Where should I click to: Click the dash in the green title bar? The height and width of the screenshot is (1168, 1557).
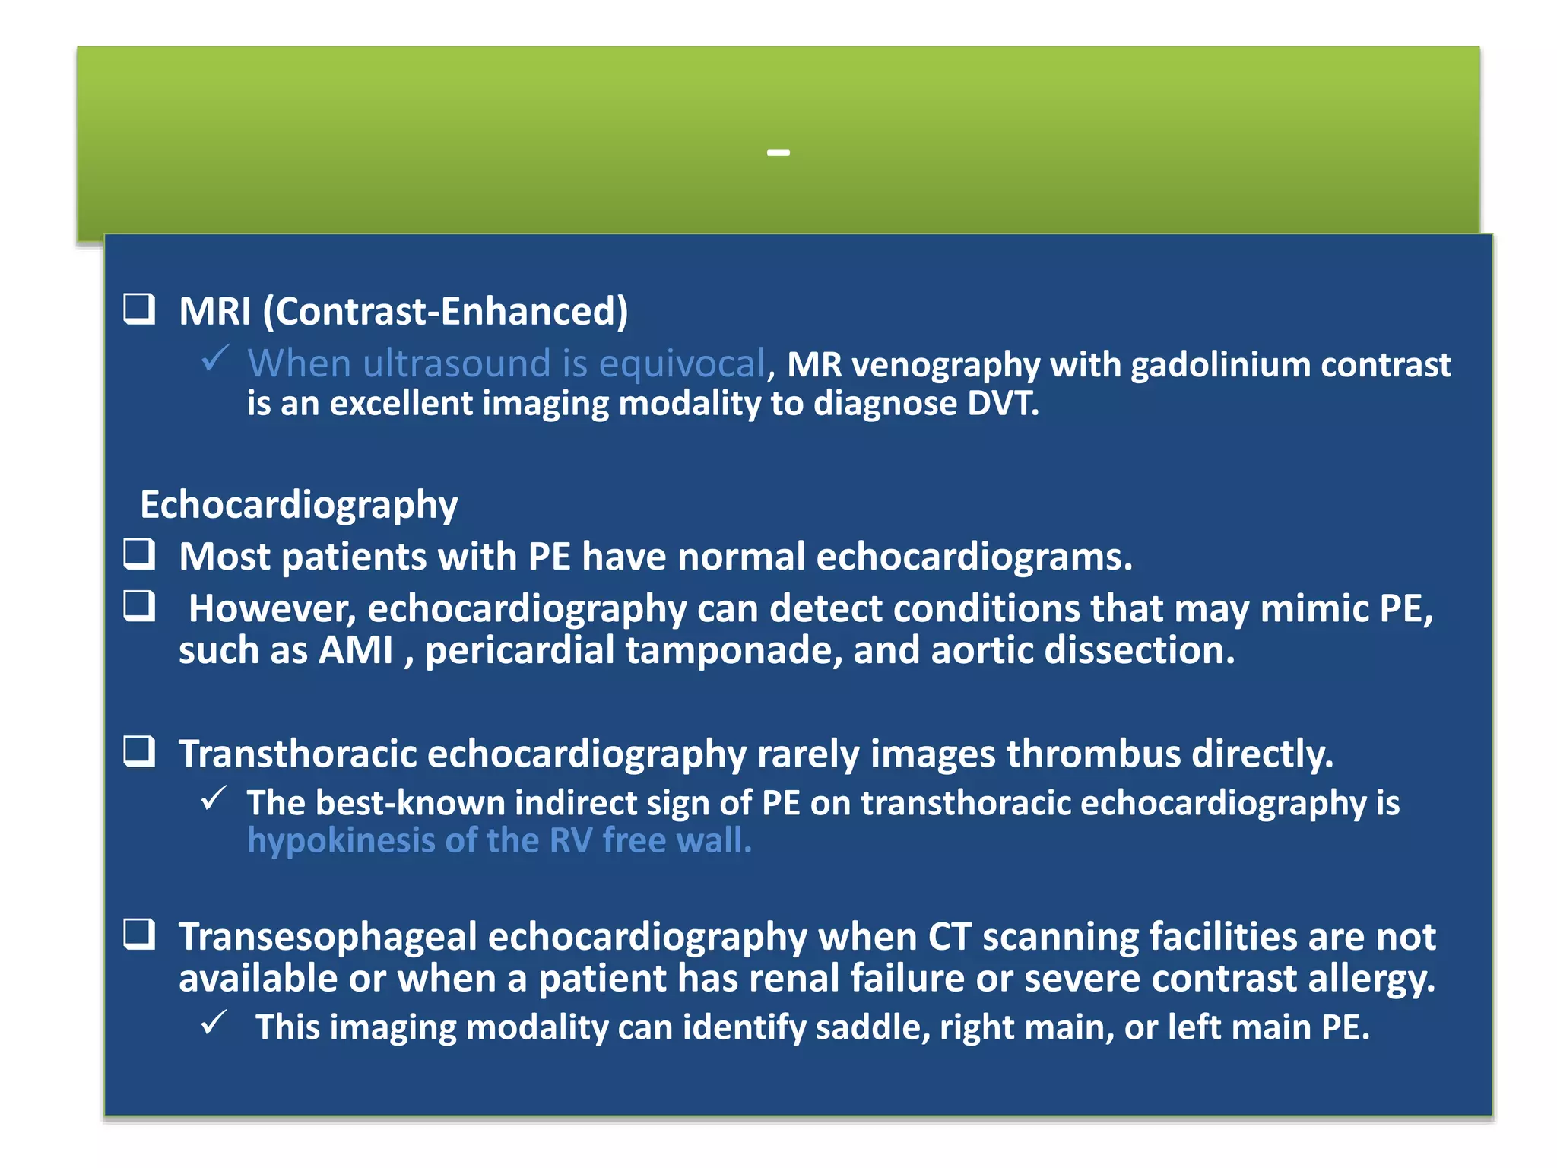pos(778,153)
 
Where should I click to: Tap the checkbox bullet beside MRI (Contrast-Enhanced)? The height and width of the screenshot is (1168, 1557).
pos(140,309)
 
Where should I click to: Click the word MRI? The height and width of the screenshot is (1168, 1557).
pos(215,312)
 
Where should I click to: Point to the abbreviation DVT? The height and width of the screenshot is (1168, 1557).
pos(1001,404)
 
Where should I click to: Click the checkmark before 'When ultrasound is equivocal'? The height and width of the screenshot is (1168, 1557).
pos(215,358)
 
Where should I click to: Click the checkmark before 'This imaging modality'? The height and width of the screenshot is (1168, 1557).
pos(214,1024)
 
